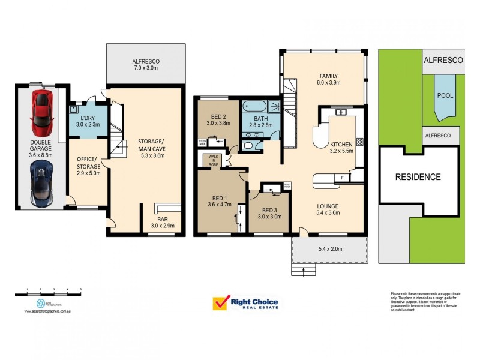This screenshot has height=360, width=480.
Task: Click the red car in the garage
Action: click(41, 113)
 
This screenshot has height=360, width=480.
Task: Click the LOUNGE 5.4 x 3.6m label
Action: click(329, 208)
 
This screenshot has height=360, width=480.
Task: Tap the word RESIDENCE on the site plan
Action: click(418, 177)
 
